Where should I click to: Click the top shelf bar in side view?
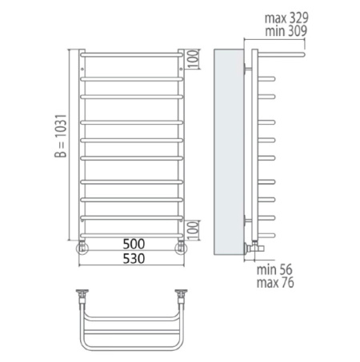(280, 55)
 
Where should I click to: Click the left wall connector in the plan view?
(82, 296)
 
